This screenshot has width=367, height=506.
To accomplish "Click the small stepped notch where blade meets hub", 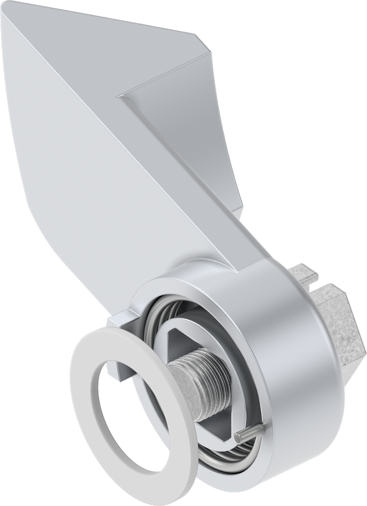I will coord(119,319).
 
